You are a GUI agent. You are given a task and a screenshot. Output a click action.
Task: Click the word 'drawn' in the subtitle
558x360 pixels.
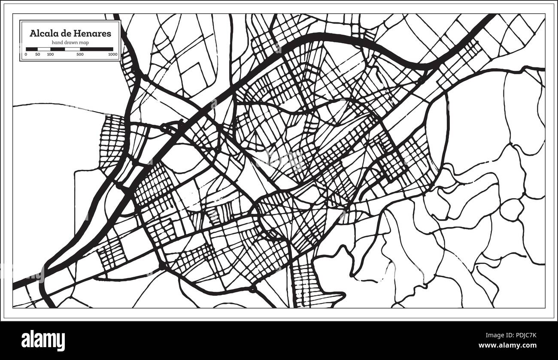tap(71, 42)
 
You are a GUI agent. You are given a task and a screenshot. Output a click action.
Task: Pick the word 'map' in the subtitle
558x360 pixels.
tap(84, 42)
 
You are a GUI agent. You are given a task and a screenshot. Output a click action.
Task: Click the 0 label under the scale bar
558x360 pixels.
tap(26, 54)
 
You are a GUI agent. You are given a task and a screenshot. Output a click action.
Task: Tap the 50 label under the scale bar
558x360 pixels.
tap(37, 54)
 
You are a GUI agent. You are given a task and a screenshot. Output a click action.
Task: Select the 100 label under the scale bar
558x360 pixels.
tap(50, 54)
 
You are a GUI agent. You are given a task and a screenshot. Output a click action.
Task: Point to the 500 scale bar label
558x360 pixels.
tap(80, 54)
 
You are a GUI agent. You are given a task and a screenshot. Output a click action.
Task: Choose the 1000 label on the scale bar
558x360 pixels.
tap(113, 54)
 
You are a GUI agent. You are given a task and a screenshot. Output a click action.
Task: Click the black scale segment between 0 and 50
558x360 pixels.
tap(32, 49)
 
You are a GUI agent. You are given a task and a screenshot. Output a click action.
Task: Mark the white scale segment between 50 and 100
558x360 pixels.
tap(44, 49)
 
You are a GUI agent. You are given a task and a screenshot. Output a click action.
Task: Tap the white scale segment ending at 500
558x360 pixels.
tap(72, 49)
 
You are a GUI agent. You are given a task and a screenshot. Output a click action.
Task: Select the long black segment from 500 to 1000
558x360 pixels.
tap(97, 49)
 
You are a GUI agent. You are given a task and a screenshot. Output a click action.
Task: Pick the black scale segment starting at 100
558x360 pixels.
tap(58, 49)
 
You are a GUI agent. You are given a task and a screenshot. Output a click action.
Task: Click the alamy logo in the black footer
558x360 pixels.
tap(43, 339)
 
